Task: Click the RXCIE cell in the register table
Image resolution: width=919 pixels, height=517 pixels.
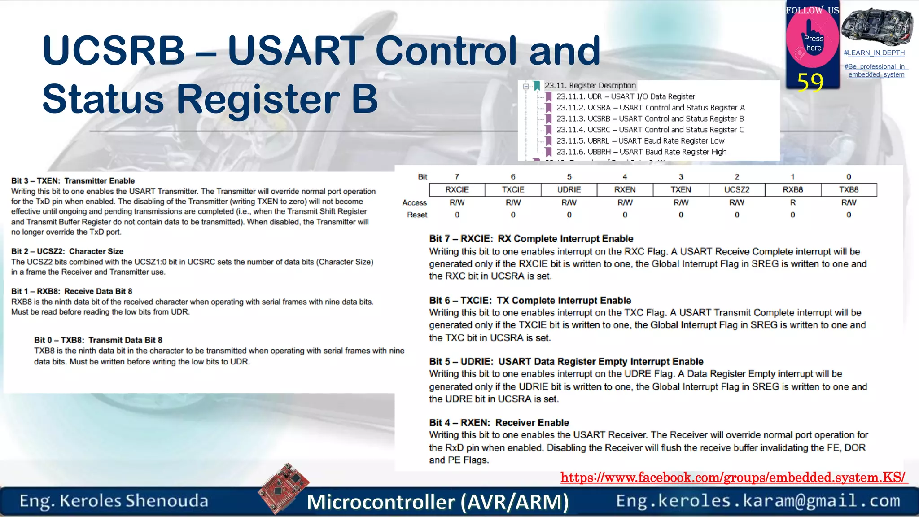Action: [x=457, y=190]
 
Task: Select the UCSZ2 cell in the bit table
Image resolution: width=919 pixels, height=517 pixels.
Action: [x=737, y=190]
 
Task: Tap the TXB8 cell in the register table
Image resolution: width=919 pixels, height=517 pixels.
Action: [x=849, y=190]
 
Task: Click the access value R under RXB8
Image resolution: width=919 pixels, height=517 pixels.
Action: [x=793, y=203]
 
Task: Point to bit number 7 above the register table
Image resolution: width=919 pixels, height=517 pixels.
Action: [x=457, y=177]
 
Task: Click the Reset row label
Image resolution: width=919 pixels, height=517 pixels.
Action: [x=417, y=215]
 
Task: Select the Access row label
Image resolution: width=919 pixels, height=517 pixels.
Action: [x=414, y=203]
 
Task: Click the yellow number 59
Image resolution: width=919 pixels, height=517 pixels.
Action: [x=810, y=83]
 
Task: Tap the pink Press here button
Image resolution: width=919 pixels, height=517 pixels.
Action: [x=813, y=43]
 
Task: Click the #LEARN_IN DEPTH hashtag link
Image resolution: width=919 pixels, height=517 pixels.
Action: [x=874, y=53]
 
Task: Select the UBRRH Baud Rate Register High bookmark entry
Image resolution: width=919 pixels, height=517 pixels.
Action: [x=641, y=152]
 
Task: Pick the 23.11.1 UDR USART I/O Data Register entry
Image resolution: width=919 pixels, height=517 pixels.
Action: [x=625, y=96]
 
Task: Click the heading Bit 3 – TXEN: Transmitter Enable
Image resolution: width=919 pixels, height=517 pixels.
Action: [x=73, y=181]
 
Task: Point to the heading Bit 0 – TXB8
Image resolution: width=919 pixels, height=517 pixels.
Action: [x=98, y=340]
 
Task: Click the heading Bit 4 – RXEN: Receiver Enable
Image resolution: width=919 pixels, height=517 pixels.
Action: [x=499, y=423]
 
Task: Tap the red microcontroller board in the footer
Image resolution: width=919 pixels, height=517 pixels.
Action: [x=284, y=488]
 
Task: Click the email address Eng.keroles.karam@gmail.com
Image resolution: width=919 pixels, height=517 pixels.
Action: [x=758, y=501]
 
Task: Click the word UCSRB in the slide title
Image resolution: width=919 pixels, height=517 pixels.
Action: [x=114, y=50]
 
